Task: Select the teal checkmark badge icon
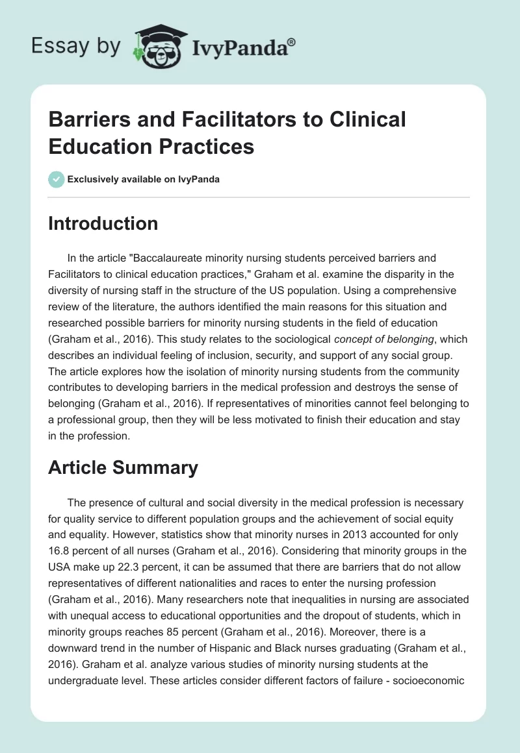pyautogui.click(x=57, y=179)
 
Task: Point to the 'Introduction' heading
pyautogui.click(x=103, y=223)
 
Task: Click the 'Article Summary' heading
pyautogui.click(x=123, y=467)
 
